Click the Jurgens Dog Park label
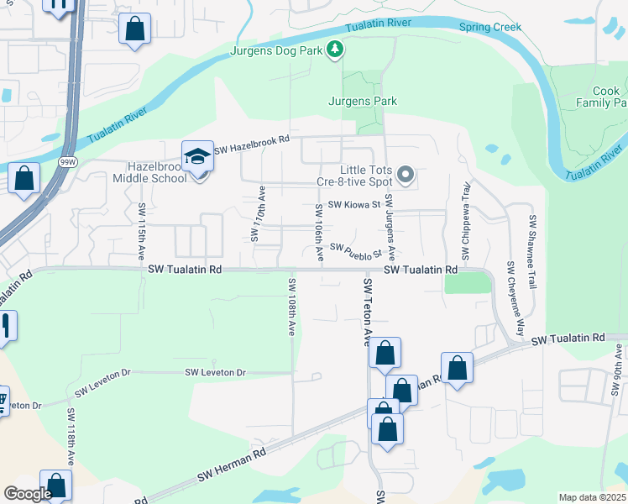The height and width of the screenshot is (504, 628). (277, 51)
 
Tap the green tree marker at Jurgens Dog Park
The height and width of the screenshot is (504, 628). (335, 50)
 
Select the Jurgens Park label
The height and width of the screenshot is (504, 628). (362, 102)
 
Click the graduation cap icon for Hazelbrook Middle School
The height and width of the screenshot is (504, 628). (198, 157)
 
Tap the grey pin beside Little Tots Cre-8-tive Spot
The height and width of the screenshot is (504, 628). (406, 176)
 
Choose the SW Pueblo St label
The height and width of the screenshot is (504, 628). (356, 249)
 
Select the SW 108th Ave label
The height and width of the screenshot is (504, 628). (291, 308)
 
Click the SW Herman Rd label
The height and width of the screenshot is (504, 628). (232, 462)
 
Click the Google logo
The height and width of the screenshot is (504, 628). (28, 494)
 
